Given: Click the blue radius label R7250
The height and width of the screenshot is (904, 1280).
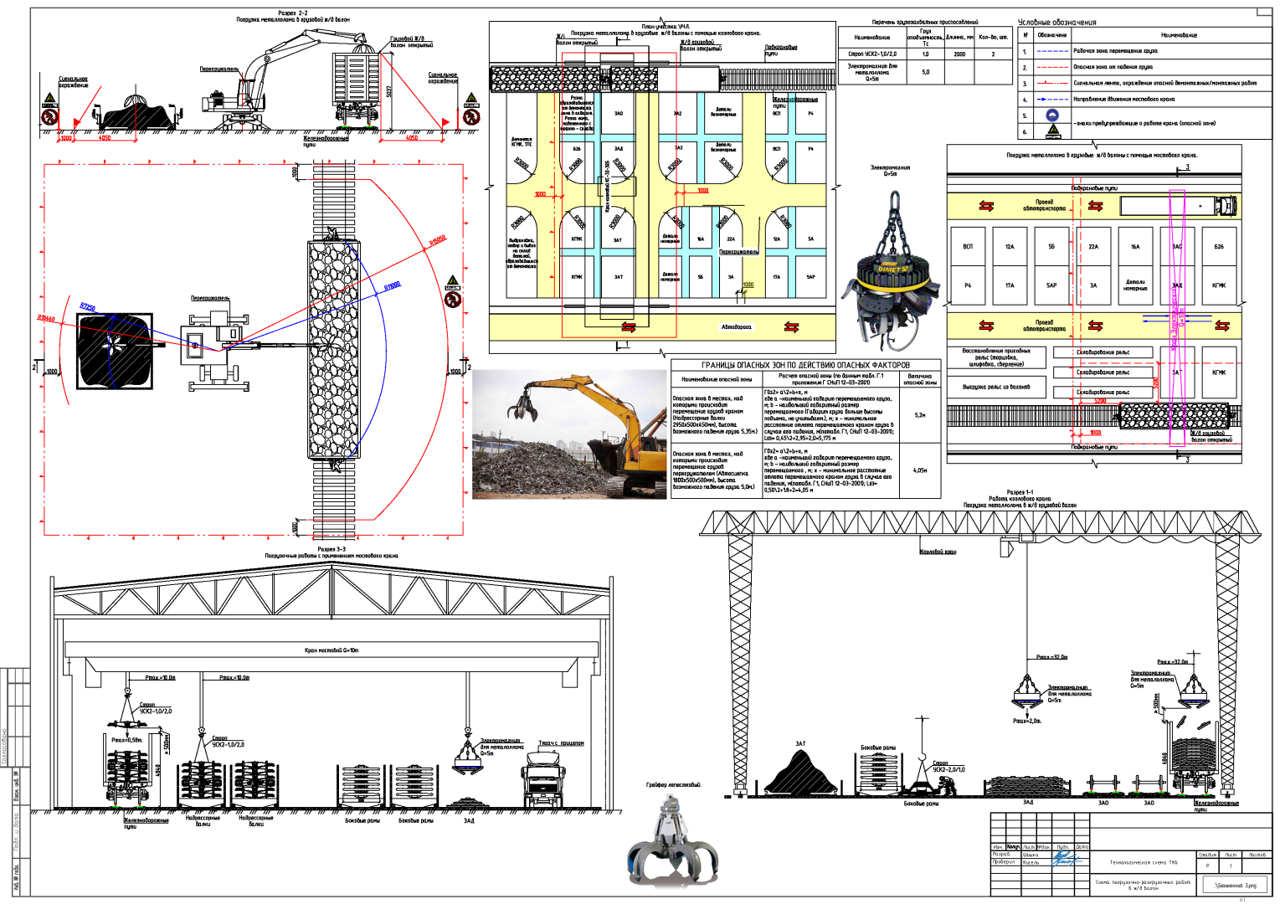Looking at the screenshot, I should pos(88,307).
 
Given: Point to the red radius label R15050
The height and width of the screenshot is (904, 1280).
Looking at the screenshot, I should pos(438,241).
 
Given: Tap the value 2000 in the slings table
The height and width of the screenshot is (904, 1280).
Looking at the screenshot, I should pos(959,54).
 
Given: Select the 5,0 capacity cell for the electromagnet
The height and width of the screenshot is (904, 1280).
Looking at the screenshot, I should pos(925,73).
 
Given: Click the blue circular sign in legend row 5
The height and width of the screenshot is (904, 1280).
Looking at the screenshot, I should pos(1052,116).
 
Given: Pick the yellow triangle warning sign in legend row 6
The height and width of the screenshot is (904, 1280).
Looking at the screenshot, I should pos(1052,131).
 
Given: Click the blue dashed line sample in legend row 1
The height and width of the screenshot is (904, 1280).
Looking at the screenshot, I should pos(1052,51).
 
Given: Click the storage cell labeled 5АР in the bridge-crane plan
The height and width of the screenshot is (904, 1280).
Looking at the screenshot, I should pos(1051,285).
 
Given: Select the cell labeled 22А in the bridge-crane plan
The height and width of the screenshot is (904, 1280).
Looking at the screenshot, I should pos(1093,247).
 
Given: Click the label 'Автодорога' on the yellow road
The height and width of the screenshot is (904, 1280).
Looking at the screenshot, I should pos(736,327).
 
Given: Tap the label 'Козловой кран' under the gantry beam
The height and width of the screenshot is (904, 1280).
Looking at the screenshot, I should pos(938,552).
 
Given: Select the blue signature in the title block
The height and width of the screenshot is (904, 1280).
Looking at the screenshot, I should pos(1065,858).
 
